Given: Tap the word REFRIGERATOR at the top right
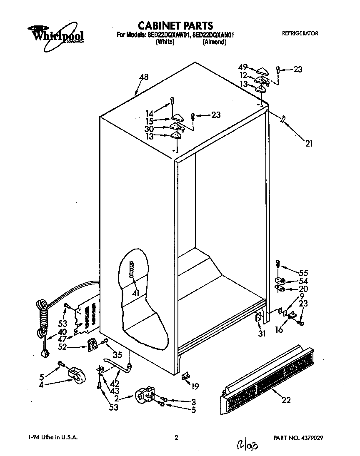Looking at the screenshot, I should (300, 33).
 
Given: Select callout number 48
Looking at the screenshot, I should (144, 77).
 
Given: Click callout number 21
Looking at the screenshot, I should (309, 144).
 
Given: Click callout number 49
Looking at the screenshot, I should (243, 66).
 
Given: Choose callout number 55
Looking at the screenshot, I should (303, 273).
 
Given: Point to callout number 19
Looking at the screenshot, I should (195, 386).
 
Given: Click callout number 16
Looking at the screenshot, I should (279, 329).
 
